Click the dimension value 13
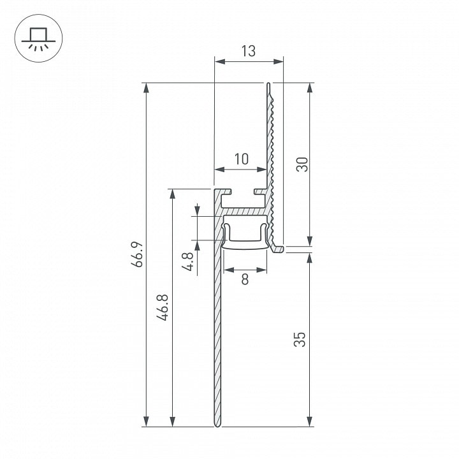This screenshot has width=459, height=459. [x=248, y=51]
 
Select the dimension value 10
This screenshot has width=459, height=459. [x=242, y=159]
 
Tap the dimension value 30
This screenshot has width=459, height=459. [x=302, y=164]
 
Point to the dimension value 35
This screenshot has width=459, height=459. [x=300, y=339]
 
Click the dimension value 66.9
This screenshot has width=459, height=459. [x=136, y=254]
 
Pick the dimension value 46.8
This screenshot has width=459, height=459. [x=162, y=307]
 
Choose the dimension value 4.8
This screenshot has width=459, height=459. [x=187, y=261]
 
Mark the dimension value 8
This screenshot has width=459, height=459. [x=245, y=279]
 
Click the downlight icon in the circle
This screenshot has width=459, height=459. [x=38, y=38]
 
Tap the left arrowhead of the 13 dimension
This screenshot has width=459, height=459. [x=219, y=61]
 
